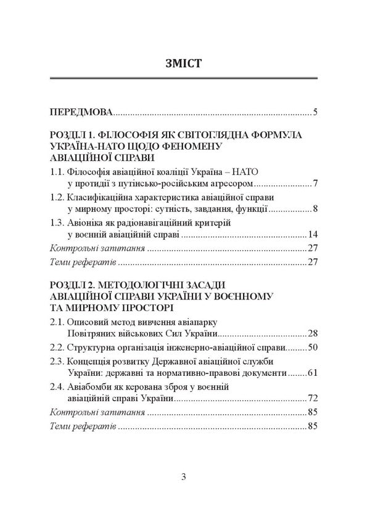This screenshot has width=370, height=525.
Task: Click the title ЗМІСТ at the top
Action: coord(185,62)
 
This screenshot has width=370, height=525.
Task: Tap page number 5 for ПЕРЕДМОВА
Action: coord(314,113)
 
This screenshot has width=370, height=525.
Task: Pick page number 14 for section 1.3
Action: coord(312,235)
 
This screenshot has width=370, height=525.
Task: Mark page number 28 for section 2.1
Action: coord(312,333)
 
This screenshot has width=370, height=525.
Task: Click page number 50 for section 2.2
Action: coord(312,348)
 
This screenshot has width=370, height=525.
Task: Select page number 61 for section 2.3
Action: coord(312,373)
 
